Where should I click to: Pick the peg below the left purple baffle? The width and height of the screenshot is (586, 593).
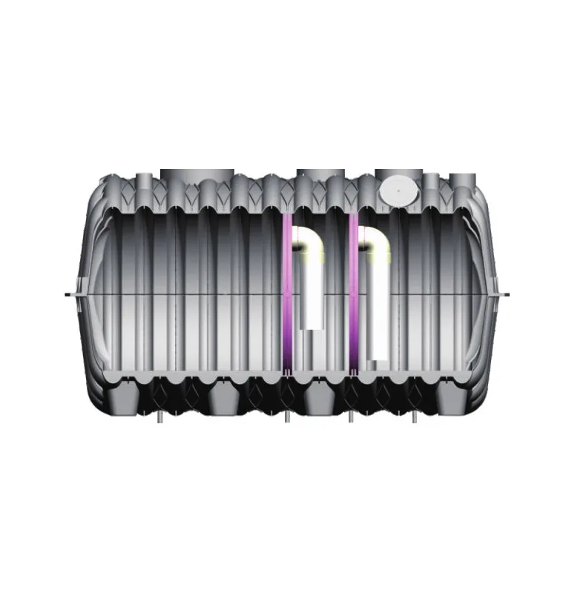(x=288, y=418)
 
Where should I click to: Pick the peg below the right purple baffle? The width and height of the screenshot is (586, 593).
(x=351, y=418)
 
